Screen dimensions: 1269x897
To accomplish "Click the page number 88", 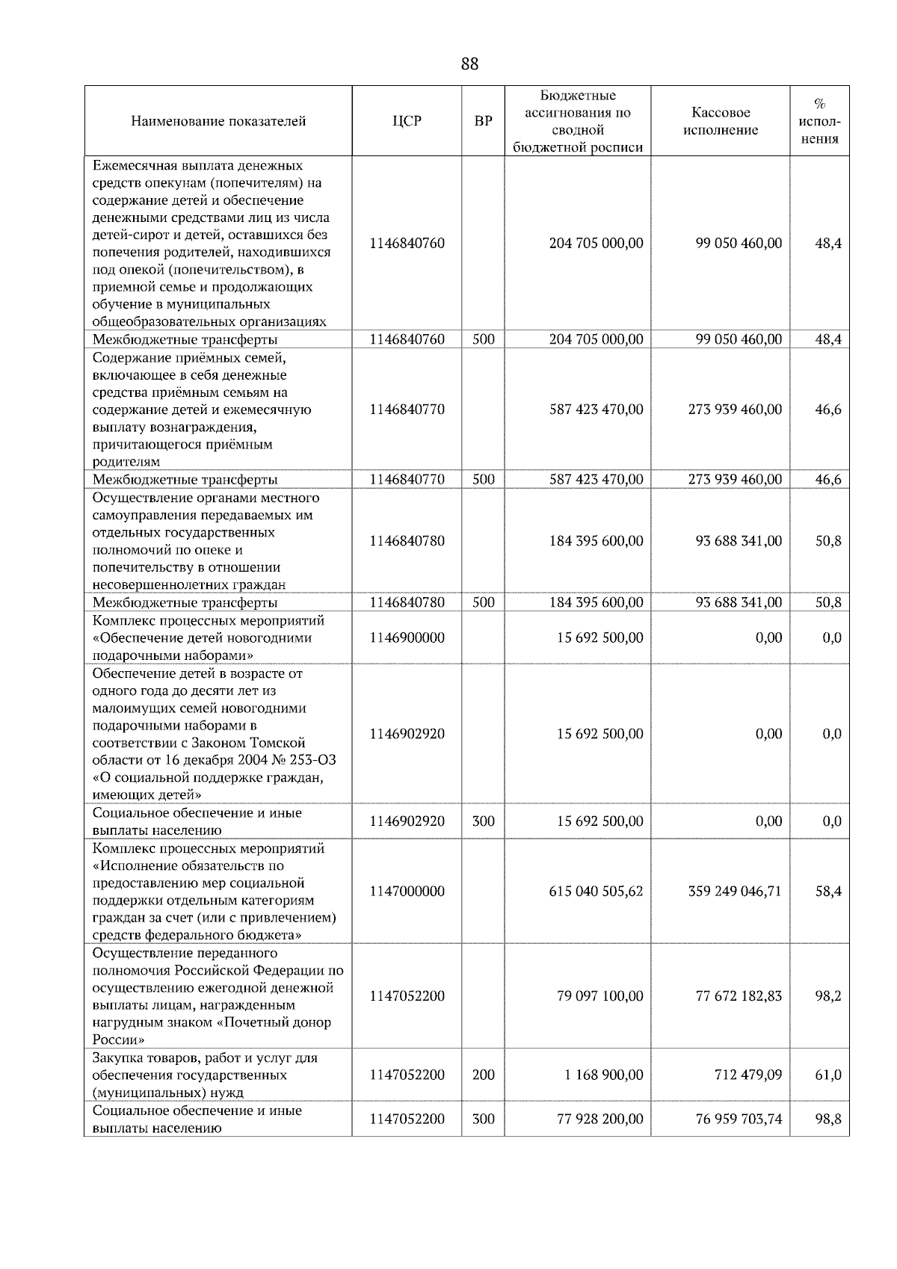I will click(469, 64).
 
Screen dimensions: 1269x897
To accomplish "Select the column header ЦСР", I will click(407, 121).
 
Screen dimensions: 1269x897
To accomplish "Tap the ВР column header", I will click(484, 121).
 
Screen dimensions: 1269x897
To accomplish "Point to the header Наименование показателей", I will click(218, 121).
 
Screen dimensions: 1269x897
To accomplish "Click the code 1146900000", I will click(407, 638).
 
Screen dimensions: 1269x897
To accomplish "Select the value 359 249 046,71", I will click(735, 892).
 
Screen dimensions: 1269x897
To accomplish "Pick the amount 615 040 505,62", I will click(596, 892).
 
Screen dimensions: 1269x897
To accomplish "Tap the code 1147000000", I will click(407, 892).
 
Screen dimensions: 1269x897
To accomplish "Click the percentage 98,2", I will click(828, 996).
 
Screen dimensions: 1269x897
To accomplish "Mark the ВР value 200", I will click(484, 1075).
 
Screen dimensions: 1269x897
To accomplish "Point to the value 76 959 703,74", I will click(739, 1120).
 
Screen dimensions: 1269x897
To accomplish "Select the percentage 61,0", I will click(828, 1075).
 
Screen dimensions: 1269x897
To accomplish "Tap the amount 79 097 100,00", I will click(599, 996).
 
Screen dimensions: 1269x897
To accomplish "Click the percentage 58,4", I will click(828, 892).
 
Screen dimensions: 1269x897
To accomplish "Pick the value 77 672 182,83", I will click(739, 996).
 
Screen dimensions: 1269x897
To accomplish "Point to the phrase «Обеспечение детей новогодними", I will click(202, 638).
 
